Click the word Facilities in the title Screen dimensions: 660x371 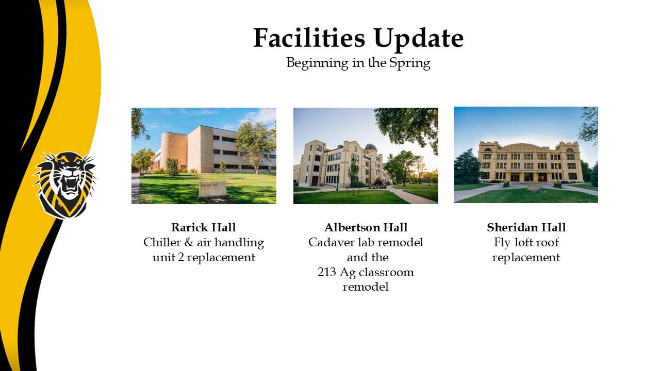[309, 38]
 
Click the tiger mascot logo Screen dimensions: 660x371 [64, 185]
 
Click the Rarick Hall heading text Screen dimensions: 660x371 [204, 227]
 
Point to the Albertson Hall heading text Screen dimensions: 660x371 [366, 227]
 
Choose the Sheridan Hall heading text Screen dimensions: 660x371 [526, 227]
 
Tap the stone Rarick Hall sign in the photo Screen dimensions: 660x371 [213, 190]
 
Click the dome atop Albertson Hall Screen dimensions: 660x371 [371, 147]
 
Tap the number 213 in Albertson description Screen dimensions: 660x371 [326, 273]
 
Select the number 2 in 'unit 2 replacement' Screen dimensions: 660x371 [181, 258]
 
